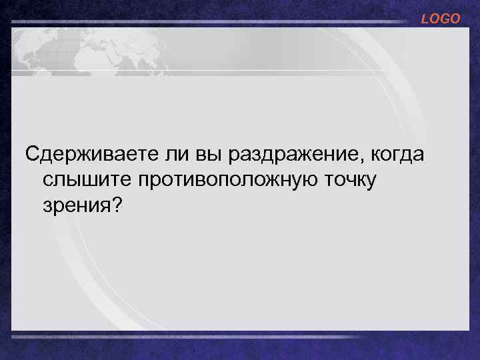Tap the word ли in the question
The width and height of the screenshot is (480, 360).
point(173,155)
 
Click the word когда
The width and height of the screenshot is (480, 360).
point(394,155)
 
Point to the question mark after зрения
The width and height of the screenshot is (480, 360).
point(117,205)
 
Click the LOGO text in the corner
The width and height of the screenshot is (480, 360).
point(440,19)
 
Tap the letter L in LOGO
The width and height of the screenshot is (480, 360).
point(425,19)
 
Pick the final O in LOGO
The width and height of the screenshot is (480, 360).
point(455,19)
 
